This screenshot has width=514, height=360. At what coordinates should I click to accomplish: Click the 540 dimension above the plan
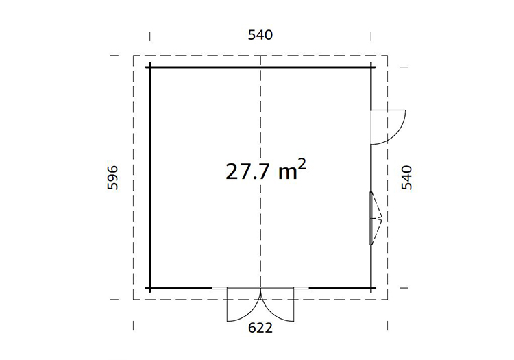(x=260, y=35)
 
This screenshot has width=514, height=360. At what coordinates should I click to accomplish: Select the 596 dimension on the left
(x=112, y=178)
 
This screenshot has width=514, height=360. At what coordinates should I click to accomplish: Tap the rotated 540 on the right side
(x=406, y=178)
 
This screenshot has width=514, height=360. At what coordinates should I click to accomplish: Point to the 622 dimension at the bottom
(x=260, y=328)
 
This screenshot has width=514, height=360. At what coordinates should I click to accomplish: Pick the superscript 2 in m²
(x=302, y=165)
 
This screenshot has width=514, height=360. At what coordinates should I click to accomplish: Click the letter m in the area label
(x=288, y=173)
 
